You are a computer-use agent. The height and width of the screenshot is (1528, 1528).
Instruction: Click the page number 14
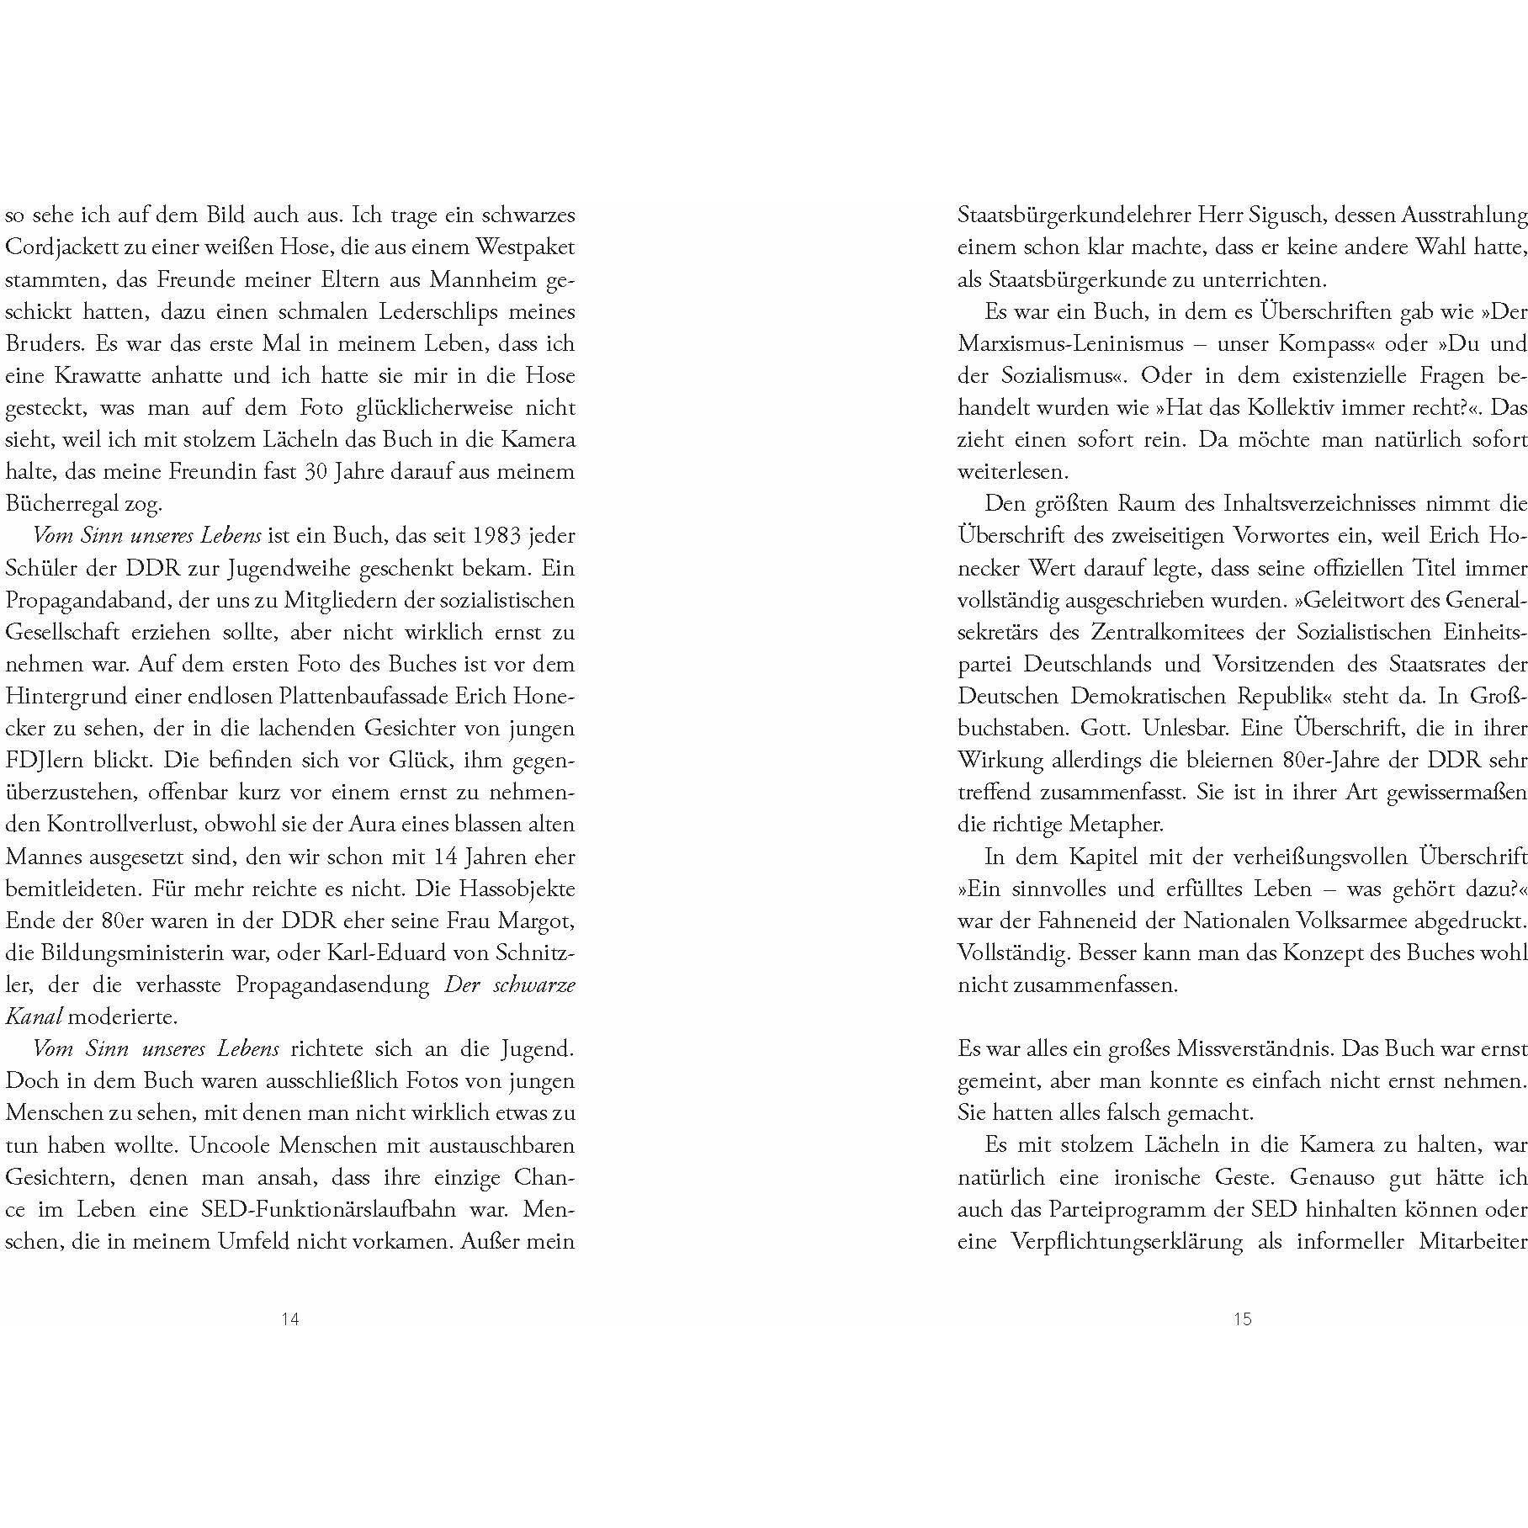point(289,1318)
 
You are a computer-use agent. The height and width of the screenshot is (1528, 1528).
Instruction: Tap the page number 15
point(1243,1318)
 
